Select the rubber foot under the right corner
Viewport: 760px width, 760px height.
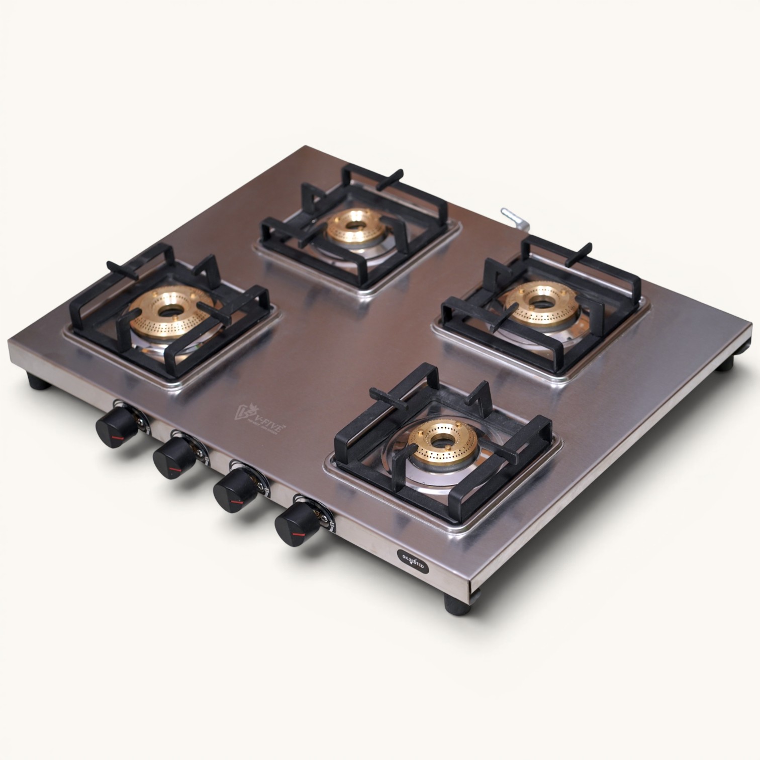pyautogui.click(x=725, y=364)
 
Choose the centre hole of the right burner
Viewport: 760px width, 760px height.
pyautogui.click(x=541, y=303)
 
